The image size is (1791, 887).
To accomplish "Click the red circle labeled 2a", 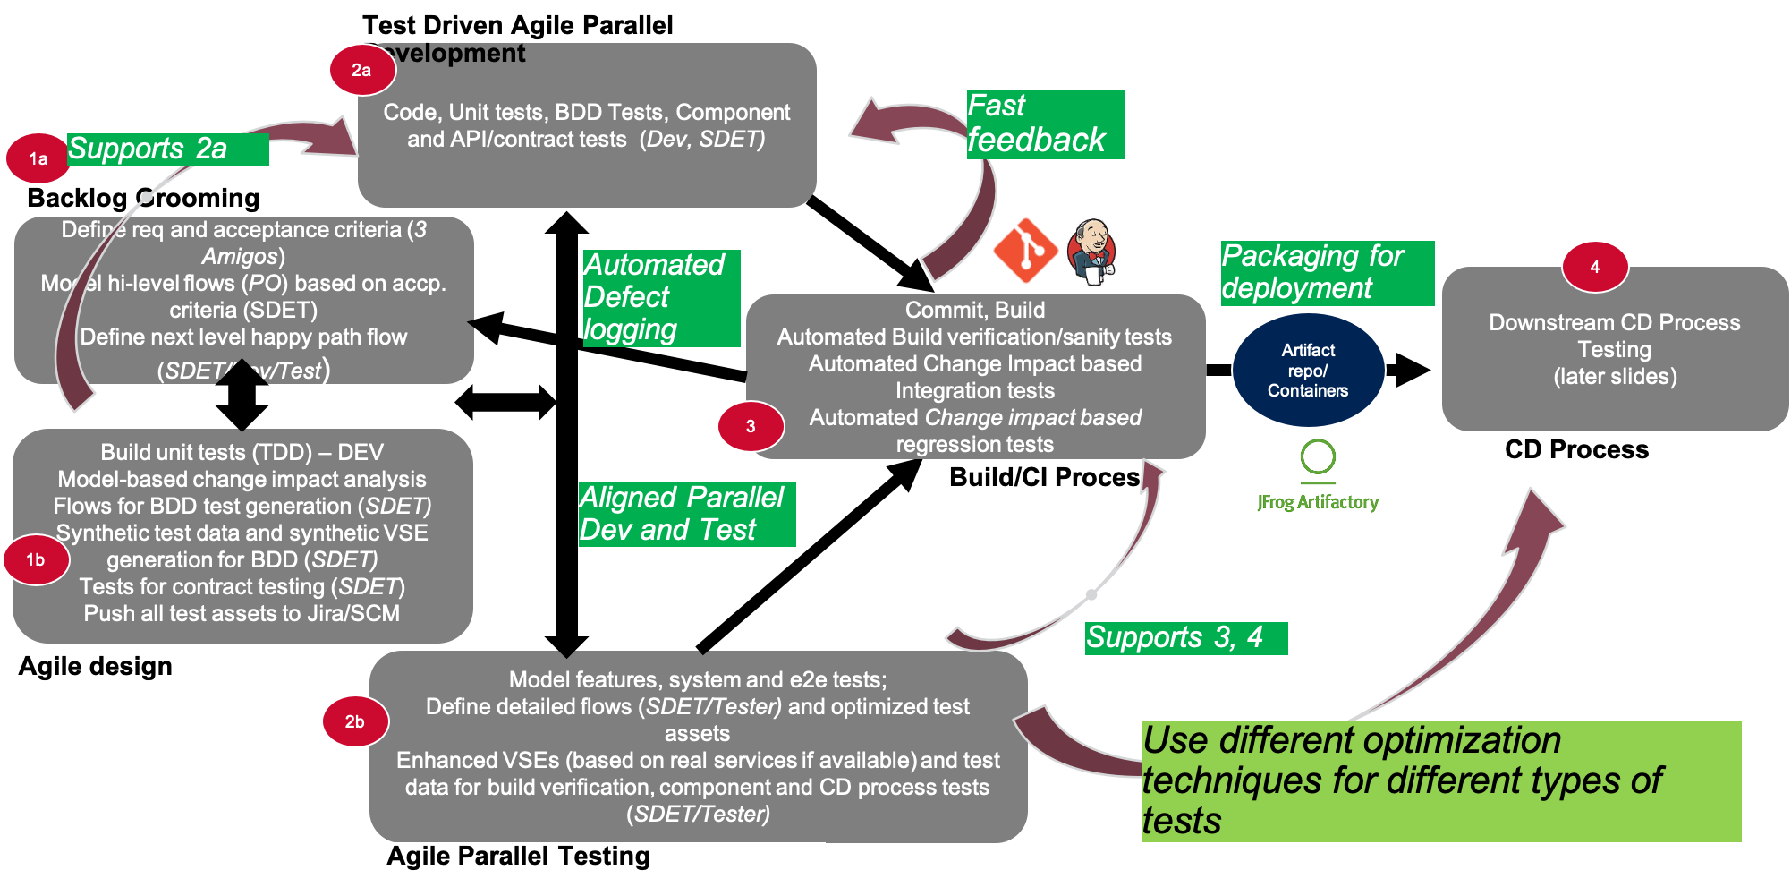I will [362, 70].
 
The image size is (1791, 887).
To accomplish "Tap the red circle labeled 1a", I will [38, 158].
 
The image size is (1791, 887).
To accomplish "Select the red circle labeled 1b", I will [36, 559].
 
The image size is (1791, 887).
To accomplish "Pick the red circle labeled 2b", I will [355, 721].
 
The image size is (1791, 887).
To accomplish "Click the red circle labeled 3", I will [751, 426].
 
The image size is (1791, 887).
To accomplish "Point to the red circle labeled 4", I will [1594, 267].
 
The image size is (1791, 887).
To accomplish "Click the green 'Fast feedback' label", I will [1045, 124].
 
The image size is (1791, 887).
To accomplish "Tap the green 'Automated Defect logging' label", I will [661, 297].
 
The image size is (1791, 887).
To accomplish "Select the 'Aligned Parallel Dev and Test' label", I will [686, 514].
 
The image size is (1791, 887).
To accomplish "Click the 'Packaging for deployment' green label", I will [1327, 273].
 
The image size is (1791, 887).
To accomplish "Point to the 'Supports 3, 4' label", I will [1185, 638].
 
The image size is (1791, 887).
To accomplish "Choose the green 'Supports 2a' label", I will [167, 149].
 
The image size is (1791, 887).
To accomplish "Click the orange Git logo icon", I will [1025, 252].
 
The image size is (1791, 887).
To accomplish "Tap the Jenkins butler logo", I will [1092, 252].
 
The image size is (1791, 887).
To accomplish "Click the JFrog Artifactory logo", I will [1318, 475].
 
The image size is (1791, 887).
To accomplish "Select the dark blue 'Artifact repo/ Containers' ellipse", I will [1308, 370].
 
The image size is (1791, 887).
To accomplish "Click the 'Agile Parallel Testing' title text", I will [519, 857].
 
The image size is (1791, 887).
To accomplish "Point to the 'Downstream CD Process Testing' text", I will [1614, 336].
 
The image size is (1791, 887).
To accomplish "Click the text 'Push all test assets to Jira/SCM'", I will [242, 614].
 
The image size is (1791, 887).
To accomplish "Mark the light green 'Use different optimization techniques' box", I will [1440, 780].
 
